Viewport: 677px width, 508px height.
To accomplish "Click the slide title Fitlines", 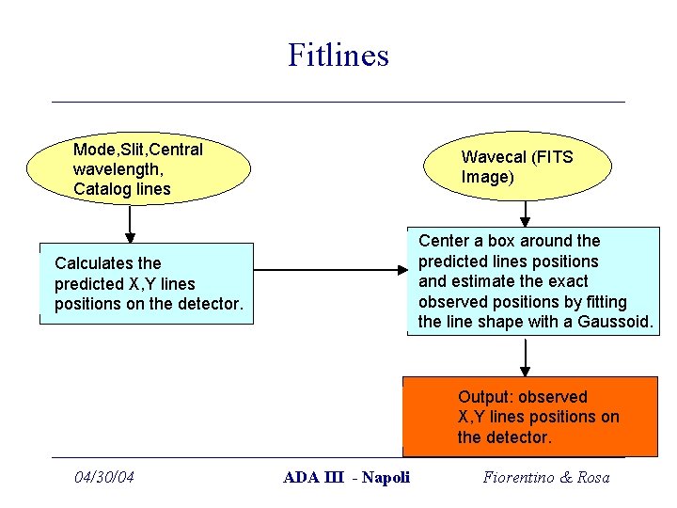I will point(338,55).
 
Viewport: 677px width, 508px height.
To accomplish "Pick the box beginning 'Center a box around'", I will point(533,281).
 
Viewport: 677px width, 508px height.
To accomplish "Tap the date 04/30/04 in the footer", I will point(104,477).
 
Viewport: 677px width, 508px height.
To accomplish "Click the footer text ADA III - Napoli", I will point(347,477).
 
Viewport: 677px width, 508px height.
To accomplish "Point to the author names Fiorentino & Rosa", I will point(546,477).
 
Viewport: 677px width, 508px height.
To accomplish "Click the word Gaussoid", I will point(619,322).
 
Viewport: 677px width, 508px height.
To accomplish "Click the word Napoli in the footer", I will point(386,477).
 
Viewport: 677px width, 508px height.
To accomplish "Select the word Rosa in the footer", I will point(592,477).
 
